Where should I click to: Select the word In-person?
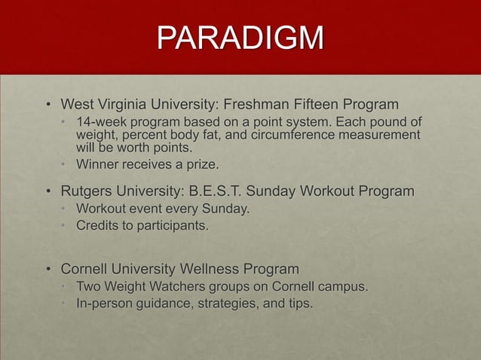click(106, 304)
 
